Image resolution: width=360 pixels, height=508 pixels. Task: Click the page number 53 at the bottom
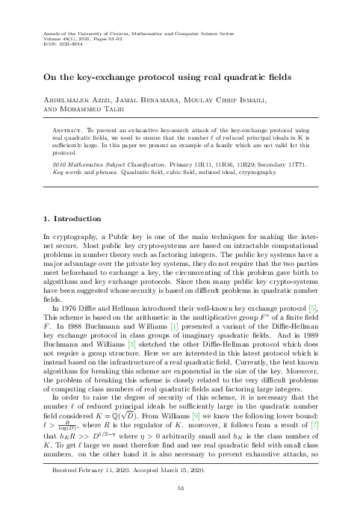pos(180,489)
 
